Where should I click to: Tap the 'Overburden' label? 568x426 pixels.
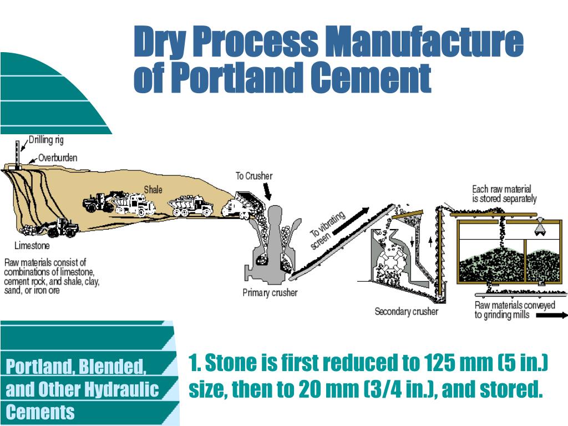pos(57,158)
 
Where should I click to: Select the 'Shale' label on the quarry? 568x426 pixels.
pos(153,190)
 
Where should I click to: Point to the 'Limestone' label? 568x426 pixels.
pos(32,245)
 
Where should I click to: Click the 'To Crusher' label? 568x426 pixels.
pos(254,176)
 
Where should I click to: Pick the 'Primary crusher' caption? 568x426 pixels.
pos(270,293)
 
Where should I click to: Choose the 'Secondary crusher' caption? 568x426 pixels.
pos(406,312)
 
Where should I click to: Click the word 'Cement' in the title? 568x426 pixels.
pos(370,78)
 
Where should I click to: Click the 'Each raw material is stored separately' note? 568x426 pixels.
pos(504,194)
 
